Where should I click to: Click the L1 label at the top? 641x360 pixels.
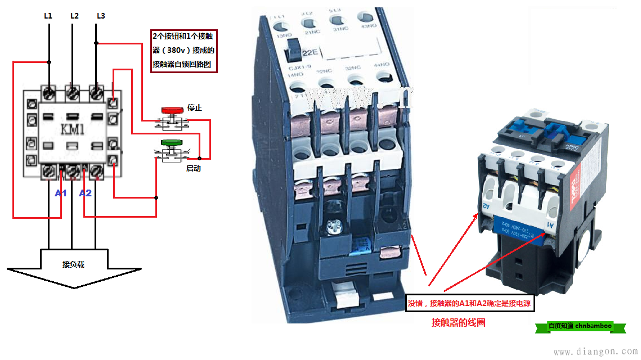(48, 16)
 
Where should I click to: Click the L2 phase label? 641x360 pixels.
(74, 16)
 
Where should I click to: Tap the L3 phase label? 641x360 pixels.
(101, 16)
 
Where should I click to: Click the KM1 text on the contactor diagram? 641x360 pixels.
(71, 130)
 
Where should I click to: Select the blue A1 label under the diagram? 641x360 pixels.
(60, 193)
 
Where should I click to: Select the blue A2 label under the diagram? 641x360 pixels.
(85, 193)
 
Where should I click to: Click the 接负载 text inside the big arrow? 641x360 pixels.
(73, 264)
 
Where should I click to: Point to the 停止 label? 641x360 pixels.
(194, 108)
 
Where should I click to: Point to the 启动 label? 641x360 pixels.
(193, 168)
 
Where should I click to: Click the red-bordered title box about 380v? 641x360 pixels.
(183, 50)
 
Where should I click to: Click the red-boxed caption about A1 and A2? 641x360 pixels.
(470, 304)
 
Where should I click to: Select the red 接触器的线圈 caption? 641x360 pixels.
(458, 323)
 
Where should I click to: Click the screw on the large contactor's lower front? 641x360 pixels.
(334, 227)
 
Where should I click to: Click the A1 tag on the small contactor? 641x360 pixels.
(550, 225)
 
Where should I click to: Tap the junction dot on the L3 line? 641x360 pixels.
(97, 42)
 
